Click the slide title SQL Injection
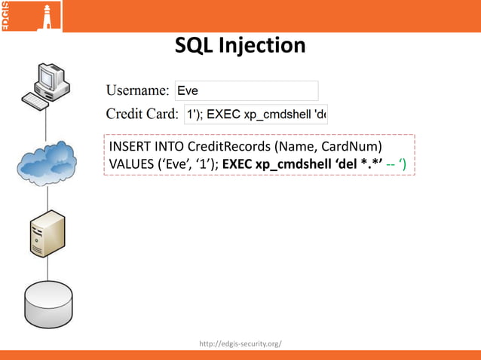point(240,46)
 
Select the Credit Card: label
point(142,114)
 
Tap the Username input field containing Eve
point(246,91)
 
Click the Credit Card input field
point(256,114)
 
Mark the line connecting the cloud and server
point(48,198)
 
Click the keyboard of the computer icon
point(38,99)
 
